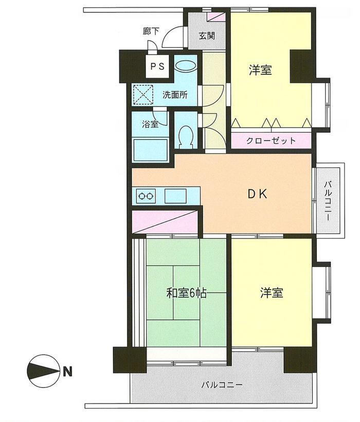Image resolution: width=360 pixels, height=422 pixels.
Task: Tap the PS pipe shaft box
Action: coord(157,66)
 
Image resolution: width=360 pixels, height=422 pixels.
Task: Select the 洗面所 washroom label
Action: coord(175,95)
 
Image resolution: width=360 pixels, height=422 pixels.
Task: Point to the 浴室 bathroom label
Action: coord(150,124)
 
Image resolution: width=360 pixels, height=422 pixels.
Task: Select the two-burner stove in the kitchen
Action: coord(145,196)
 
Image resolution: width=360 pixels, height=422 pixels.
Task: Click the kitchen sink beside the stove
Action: coord(175,196)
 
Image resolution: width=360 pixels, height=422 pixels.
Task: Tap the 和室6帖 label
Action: coord(186,293)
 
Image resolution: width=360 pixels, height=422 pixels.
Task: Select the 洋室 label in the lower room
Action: coord(271,293)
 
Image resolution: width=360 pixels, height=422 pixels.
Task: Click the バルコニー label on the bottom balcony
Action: coord(221,384)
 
